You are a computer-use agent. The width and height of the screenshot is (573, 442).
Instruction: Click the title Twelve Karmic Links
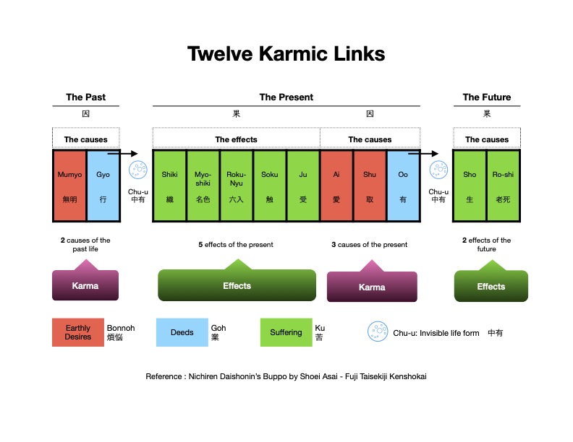[286, 54]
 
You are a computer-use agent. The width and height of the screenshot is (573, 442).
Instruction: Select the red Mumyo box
[69, 186]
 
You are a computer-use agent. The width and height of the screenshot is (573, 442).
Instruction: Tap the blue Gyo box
[103, 186]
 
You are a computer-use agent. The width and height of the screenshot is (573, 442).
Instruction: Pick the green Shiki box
[169, 186]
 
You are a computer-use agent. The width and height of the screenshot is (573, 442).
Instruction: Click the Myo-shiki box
[203, 186]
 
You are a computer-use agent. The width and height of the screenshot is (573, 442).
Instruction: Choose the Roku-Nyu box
[237, 186]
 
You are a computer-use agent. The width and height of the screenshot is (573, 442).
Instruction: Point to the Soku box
[270, 186]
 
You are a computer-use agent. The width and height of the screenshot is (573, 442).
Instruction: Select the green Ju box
[303, 186]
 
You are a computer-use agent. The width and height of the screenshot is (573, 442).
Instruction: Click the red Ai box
[336, 186]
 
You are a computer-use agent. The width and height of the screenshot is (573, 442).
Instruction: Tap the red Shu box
[370, 186]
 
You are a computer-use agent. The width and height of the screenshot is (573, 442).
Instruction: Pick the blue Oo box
[403, 186]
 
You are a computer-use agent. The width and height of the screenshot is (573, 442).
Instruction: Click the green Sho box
[470, 186]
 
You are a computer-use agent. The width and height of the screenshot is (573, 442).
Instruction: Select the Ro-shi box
[503, 186]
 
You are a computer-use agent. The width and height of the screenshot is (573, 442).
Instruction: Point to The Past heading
[85, 97]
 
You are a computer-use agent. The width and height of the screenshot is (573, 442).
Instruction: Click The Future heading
[486, 97]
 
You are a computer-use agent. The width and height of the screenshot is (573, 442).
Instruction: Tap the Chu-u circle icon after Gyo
[137, 170]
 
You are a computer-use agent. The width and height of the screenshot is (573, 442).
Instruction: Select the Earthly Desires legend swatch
[77, 332]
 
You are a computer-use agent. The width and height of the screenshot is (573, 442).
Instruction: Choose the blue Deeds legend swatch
[182, 332]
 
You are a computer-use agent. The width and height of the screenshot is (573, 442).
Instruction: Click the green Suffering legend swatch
[286, 332]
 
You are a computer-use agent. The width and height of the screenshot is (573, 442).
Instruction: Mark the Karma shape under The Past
[85, 284]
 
